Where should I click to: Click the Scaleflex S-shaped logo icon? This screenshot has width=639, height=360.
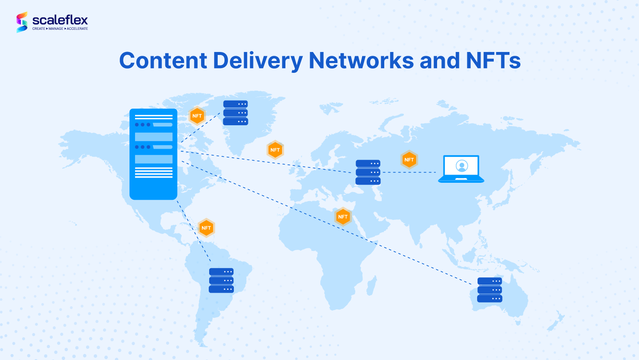click(22, 22)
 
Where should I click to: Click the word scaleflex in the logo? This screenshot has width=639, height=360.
click(60, 20)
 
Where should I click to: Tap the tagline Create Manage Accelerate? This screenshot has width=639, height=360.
click(60, 29)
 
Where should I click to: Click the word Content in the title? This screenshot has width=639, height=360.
click(163, 60)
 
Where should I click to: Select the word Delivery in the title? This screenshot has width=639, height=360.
click(257, 60)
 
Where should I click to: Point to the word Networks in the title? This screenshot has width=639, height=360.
click(361, 60)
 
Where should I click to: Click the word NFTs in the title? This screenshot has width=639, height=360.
click(493, 60)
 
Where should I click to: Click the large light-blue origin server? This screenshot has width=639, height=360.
click(153, 154)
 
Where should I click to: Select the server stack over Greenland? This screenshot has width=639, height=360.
click(236, 113)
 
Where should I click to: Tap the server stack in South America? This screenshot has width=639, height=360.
click(221, 280)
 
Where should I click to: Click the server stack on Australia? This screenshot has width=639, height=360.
click(490, 290)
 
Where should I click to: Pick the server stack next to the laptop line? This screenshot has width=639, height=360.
click(368, 172)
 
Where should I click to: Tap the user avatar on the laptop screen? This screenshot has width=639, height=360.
click(462, 166)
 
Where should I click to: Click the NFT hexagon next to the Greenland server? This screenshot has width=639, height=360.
click(197, 116)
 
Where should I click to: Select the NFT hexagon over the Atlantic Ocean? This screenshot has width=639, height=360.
click(275, 150)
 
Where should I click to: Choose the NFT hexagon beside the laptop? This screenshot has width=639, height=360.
click(409, 160)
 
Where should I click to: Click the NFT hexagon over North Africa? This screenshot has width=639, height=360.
click(343, 217)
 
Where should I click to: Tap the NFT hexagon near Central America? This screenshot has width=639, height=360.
click(206, 228)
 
